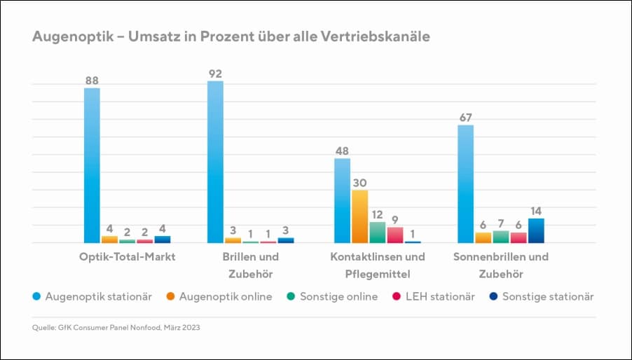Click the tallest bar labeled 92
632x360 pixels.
tap(216, 162)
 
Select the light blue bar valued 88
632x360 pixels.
tap(92, 165)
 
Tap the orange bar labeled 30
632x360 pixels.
tap(359, 216)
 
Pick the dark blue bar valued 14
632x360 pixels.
tap(536, 230)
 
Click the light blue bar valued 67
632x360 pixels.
tap(465, 184)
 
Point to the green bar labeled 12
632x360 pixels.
tap(378, 232)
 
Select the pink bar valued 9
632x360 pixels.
tap(395, 235)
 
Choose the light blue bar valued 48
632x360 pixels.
tap(342, 200)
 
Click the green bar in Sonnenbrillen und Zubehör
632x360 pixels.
tap(501, 237)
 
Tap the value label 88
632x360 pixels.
tap(92, 81)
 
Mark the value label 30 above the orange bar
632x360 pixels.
tap(359, 182)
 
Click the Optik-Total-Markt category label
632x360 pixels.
tap(127, 256)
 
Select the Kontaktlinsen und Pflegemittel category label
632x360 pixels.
tap(378, 265)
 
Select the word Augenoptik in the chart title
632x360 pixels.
tap(68, 36)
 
